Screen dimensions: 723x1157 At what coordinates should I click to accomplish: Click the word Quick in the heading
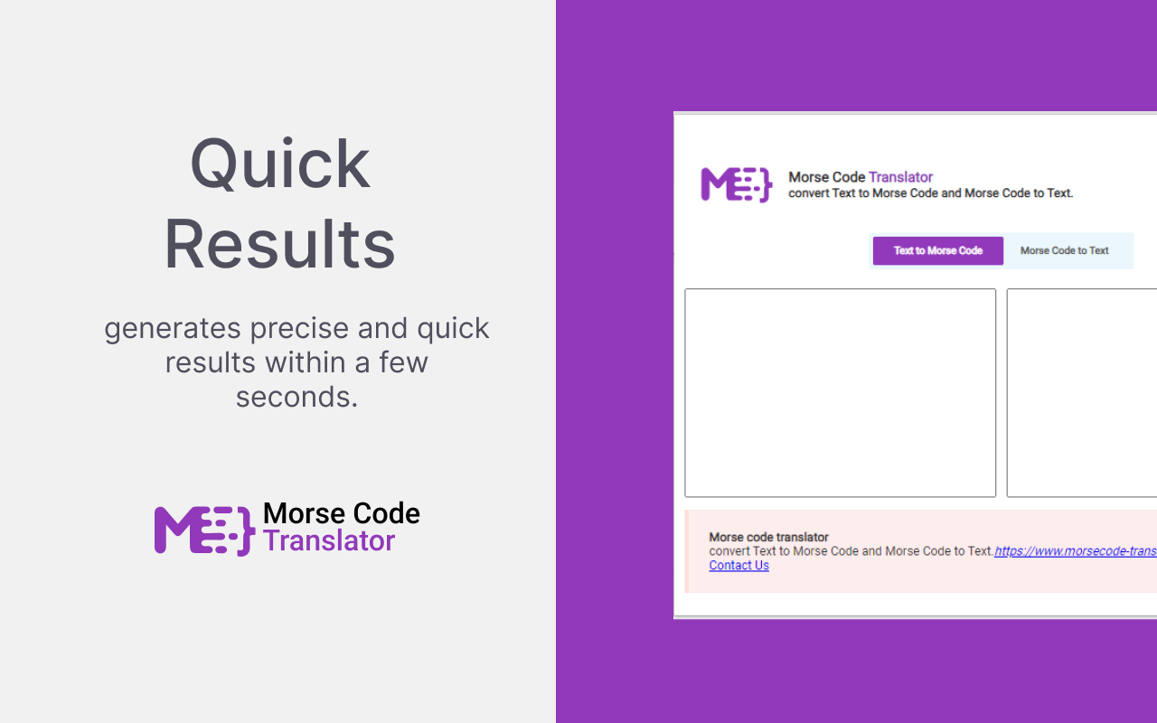click(279, 164)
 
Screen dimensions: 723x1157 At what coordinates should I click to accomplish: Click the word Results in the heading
click(279, 244)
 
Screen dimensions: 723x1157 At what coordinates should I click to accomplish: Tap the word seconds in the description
click(296, 396)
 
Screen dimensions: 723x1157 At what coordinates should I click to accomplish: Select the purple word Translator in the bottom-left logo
click(329, 540)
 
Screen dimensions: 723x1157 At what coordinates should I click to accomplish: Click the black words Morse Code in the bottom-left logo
click(341, 513)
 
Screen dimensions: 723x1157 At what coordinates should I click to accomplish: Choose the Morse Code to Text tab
click(1064, 250)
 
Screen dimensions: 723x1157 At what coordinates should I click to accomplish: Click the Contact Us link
click(738, 566)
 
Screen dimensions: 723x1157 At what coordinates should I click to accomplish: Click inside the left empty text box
click(840, 392)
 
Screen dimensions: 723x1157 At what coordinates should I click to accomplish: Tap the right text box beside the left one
click(1081, 392)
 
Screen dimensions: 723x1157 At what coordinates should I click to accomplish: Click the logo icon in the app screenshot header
click(736, 184)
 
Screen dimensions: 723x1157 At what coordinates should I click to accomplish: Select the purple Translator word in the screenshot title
click(900, 177)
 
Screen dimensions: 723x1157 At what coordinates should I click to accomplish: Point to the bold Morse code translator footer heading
click(768, 537)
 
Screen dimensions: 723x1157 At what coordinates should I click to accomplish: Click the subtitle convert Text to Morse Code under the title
click(930, 192)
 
